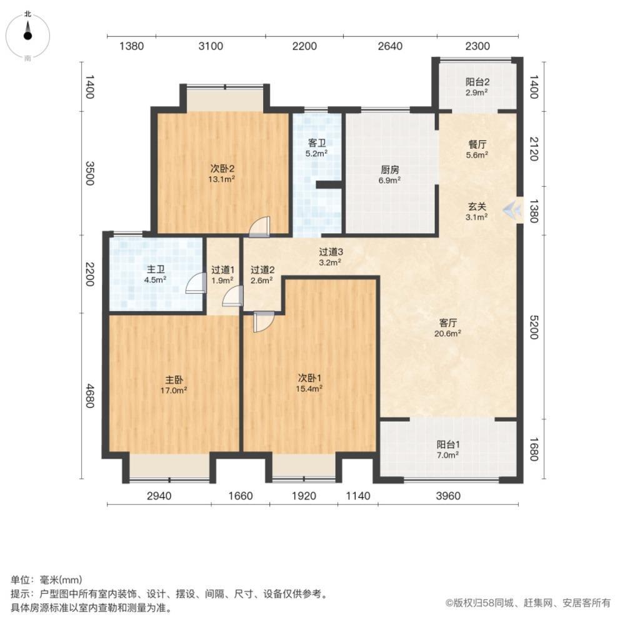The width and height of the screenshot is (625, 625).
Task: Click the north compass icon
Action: (x=27, y=36)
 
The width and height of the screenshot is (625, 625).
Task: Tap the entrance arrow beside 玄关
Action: (x=512, y=209)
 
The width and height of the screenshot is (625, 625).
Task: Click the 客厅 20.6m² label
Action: (x=447, y=327)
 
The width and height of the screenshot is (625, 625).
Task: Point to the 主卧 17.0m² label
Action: (x=174, y=385)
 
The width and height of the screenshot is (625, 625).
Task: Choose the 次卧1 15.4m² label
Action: (x=309, y=382)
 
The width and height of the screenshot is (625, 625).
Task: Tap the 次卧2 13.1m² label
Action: (x=222, y=173)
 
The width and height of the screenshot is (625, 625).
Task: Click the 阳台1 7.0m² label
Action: (x=448, y=449)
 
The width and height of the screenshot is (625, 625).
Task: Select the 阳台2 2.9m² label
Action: (x=477, y=87)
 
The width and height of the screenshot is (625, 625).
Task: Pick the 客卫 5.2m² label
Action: (x=317, y=147)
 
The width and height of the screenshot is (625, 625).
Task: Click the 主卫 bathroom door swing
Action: (x=196, y=284)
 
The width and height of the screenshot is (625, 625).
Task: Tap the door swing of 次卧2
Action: (x=259, y=227)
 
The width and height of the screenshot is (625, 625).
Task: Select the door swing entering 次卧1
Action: (x=264, y=322)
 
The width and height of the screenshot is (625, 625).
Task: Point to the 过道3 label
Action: (x=331, y=251)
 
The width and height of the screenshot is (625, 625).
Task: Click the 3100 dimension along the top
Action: (x=211, y=46)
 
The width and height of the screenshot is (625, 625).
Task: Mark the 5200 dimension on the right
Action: (x=534, y=327)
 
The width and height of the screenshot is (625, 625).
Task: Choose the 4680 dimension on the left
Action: (x=89, y=396)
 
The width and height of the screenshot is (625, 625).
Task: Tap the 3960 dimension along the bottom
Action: (x=448, y=496)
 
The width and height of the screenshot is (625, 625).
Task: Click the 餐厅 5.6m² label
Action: (x=477, y=149)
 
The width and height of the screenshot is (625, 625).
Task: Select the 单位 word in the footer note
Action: (x=21, y=579)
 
